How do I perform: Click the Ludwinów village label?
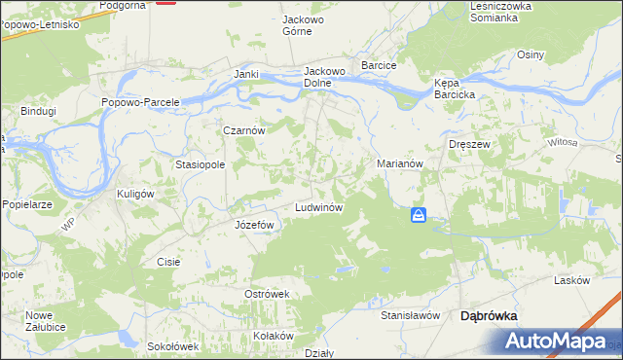(317, 209)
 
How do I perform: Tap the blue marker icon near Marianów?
(418, 215)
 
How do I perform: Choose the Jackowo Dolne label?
(325, 77)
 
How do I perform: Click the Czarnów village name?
(244, 129)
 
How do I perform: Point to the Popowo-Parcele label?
(141, 102)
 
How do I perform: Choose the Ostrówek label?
(268, 294)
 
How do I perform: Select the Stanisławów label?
(411, 315)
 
